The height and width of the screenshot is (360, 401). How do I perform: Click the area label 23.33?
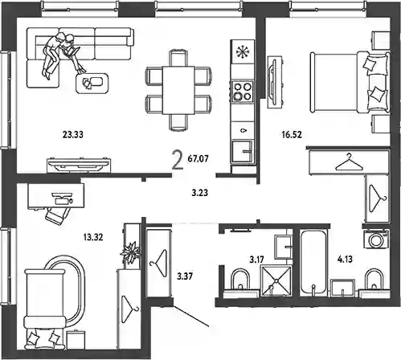coord(73,134)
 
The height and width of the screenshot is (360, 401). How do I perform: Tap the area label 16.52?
coord(292,134)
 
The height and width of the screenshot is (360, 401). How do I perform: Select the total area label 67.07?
coord(198,159)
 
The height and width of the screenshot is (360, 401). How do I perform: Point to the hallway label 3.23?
coord(200,193)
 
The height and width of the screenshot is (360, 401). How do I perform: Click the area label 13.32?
coord(93,237)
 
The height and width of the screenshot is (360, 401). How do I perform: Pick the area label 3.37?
coord(185,276)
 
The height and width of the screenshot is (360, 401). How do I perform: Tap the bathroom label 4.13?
coord(345,260)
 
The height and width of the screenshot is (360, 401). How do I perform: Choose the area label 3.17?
coord(257,260)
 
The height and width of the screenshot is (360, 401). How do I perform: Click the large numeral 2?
coord(178,160)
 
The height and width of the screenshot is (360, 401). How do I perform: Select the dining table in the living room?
coord(178,90)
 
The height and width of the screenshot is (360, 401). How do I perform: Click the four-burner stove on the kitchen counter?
coord(243,91)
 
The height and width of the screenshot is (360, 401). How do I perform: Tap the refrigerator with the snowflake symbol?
coord(243,51)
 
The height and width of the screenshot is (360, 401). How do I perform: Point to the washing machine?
coord(376,239)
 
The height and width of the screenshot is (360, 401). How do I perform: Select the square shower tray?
coord(276,281)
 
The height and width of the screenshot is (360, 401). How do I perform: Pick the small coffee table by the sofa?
coord(92,84)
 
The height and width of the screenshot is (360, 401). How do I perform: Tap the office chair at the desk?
coord(57,214)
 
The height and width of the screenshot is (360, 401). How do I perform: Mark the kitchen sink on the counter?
coord(243,152)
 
